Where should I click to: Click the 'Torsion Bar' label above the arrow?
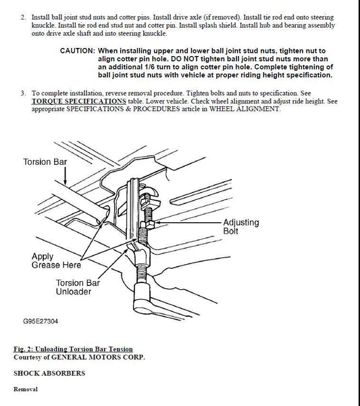click(45, 162)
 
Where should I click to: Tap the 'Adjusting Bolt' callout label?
click(241, 226)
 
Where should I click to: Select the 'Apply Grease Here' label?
click(56, 261)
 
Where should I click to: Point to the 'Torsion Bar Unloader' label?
click(78, 287)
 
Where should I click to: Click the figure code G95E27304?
click(41, 322)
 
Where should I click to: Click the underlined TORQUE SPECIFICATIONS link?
click(78, 101)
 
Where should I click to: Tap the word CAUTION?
click(78, 51)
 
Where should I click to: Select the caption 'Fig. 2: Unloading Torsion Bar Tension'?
click(73, 349)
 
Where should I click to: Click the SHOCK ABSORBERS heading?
click(49, 373)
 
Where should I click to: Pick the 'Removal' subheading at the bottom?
click(26, 389)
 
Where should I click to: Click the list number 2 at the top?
click(23, 18)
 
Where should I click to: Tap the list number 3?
click(23, 93)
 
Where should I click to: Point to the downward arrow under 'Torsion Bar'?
click(65, 176)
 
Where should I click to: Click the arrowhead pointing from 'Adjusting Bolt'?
click(157, 222)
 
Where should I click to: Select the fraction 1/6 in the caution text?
click(149, 67)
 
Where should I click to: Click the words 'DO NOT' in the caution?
click(184, 59)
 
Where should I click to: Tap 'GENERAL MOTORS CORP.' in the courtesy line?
click(98, 357)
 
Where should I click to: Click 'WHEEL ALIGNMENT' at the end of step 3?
click(245, 109)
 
